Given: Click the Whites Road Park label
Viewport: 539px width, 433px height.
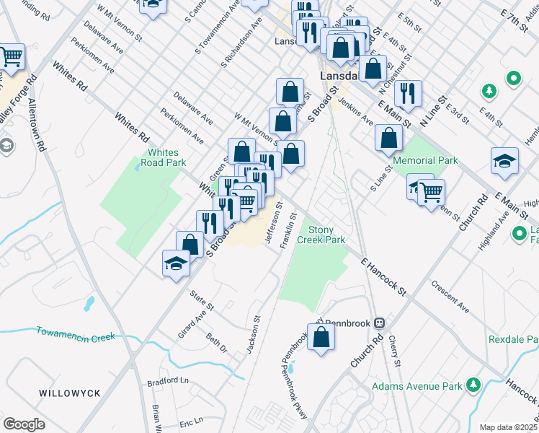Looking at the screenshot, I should click(166, 157).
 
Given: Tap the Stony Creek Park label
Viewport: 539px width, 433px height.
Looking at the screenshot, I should click(326, 234).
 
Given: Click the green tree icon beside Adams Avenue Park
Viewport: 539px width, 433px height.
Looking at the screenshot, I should click(473, 384).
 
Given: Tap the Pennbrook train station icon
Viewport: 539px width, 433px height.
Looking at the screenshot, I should click(378, 323).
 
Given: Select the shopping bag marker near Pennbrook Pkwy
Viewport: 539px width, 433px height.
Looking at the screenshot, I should click(321, 336).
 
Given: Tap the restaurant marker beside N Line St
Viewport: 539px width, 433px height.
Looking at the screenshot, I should click(408, 94).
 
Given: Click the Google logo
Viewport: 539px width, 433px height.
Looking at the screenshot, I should click(24, 424).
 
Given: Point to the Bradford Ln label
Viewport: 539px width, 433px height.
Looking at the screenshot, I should click(167, 380).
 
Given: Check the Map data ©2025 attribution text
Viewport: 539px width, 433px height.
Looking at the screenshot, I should click(508, 427).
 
